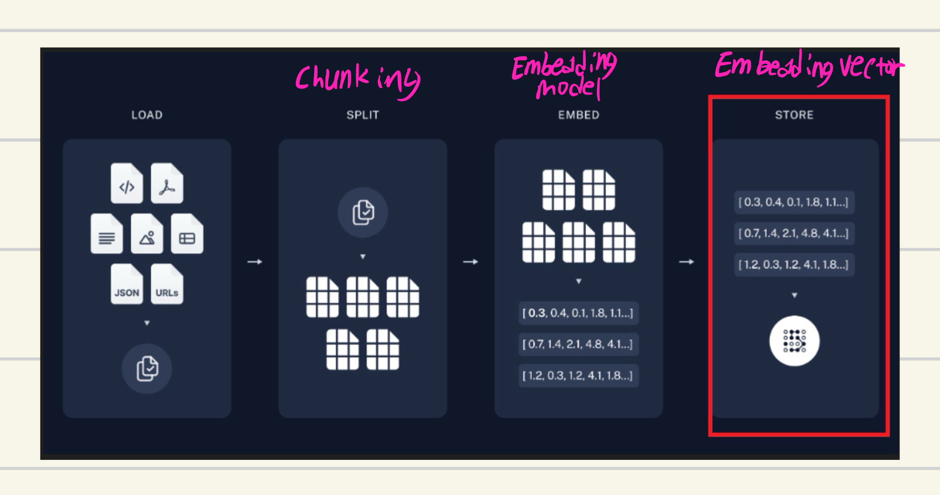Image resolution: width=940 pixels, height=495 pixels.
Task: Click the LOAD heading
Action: click(147, 115)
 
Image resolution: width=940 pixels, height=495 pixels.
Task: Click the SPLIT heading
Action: click(363, 115)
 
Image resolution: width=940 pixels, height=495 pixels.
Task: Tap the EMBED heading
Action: click(578, 115)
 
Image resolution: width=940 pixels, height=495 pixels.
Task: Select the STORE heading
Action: click(794, 115)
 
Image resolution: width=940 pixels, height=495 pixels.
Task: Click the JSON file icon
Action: click(127, 284)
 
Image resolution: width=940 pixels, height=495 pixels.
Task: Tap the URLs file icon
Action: click(167, 284)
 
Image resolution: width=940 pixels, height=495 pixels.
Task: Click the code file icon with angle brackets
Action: click(127, 184)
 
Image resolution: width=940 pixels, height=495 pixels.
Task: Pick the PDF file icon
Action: click(167, 184)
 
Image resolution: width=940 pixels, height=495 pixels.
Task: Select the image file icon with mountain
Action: click(147, 234)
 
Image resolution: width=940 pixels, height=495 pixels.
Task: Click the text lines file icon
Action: click(107, 234)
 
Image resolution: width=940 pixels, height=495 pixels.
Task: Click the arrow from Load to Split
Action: click(255, 261)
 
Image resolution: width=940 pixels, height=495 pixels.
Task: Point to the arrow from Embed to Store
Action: click(686, 261)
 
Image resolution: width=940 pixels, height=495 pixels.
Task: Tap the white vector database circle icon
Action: click(794, 341)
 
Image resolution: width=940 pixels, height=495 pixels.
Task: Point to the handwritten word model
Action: click(569, 88)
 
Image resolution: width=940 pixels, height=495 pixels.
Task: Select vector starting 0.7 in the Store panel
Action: click(794, 233)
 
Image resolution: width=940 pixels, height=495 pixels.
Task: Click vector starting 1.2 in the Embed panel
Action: click(578, 375)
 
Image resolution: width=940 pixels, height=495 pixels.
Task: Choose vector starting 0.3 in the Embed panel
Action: click(578, 313)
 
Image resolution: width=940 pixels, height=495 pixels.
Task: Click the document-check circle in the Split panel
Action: click(363, 212)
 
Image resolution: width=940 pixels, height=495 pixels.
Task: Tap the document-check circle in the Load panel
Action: click(147, 369)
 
